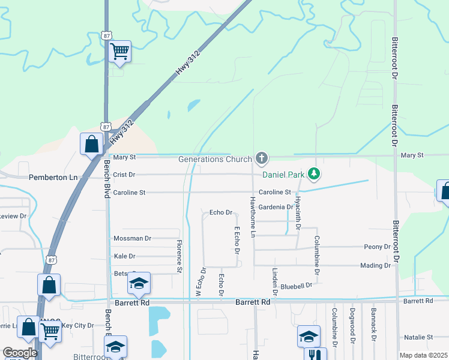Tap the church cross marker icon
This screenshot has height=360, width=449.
click(x=261, y=158)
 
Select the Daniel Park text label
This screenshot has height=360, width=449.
click(x=282, y=175)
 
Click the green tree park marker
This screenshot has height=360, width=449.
click(x=313, y=174)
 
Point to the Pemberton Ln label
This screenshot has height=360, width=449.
click(x=53, y=178)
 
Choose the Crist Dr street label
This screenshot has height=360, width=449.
click(x=124, y=175)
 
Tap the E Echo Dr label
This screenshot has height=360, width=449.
click(x=237, y=240)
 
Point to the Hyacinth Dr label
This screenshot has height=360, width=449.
click(x=298, y=211)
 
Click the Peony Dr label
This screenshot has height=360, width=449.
click(x=378, y=247)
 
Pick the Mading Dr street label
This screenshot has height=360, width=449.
click(x=375, y=265)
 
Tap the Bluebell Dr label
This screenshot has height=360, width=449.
click(x=297, y=286)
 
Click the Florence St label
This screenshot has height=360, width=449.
click(x=179, y=256)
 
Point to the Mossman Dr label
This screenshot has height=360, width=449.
click(x=132, y=238)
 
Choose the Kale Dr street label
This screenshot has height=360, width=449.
click(x=124, y=256)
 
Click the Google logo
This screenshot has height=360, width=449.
click(x=20, y=353)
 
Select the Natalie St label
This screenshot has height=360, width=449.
click(x=418, y=337)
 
